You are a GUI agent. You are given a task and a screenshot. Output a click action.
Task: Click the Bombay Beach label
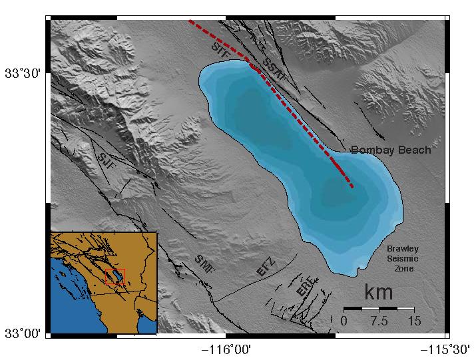tap(391, 150)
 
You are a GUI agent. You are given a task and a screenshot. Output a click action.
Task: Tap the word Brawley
tap(403, 250)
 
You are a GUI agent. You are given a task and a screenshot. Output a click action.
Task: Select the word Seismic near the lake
tap(403, 259)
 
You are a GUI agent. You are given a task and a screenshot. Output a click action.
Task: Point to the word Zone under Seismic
tap(403, 268)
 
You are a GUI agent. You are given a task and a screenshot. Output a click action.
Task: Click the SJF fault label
tap(105, 158)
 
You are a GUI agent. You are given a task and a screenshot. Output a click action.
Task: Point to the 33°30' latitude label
tap(23, 73)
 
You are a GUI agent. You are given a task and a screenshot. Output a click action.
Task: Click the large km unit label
tap(378, 291)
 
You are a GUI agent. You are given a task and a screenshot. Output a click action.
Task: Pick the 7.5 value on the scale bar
tap(379, 321)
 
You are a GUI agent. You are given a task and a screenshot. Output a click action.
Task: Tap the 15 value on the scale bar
tap(413, 321)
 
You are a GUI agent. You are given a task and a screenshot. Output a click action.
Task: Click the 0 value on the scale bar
tap(344, 321)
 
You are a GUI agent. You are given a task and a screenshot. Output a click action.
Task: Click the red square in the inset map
tap(115, 276)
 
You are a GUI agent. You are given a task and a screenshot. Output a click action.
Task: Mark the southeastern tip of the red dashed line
tap(352, 186)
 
